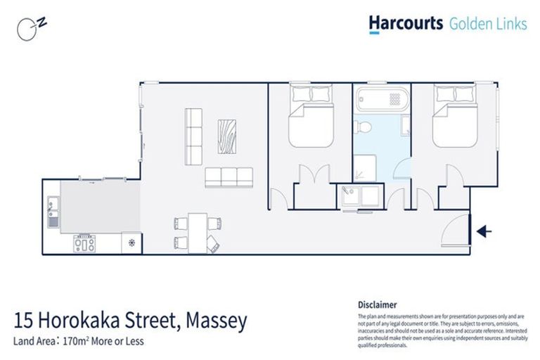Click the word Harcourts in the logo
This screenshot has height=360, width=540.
pyautogui.click(x=406, y=24)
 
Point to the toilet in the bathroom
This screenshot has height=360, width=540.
pyautogui.click(x=364, y=126)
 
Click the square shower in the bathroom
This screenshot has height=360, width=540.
pyautogui.click(x=366, y=165)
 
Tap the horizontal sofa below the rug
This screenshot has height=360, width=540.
pyautogui.click(x=229, y=177)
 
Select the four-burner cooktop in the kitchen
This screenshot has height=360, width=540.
pyautogui.click(x=85, y=245)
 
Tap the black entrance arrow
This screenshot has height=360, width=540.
pyautogui.click(x=484, y=231)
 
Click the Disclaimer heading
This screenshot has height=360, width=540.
pyautogui.click(x=378, y=305)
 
